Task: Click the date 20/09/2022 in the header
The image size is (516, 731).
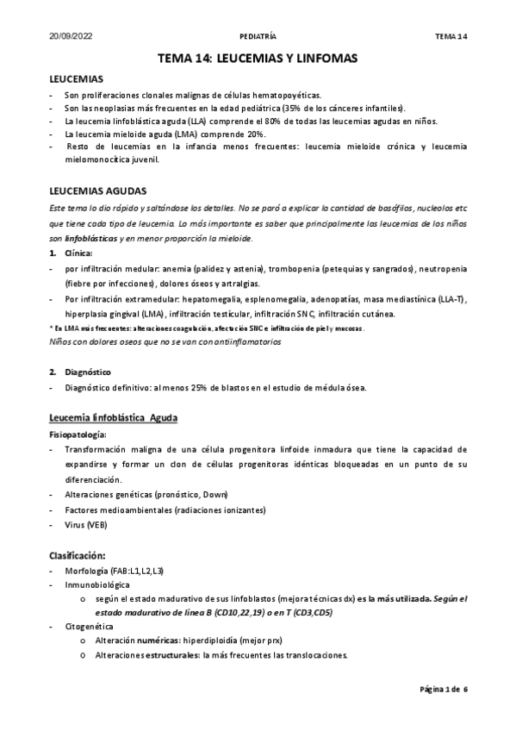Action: (69, 37)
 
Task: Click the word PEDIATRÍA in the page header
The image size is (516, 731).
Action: (257, 37)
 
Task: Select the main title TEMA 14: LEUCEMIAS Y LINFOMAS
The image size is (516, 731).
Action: (258, 58)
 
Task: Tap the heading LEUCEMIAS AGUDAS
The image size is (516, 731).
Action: (98, 190)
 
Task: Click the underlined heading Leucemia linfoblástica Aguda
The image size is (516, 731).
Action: (114, 419)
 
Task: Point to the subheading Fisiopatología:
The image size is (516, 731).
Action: (82, 434)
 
